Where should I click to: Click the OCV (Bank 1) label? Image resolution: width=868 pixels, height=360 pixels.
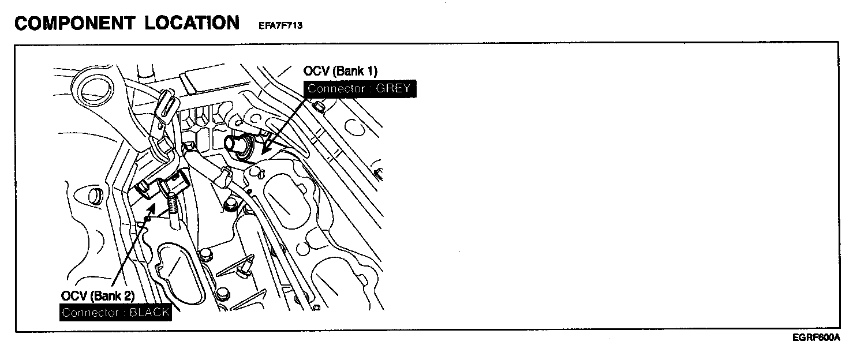pyautogui.click(x=340, y=72)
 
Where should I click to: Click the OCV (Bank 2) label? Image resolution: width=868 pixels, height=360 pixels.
pyautogui.click(x=98, y=296)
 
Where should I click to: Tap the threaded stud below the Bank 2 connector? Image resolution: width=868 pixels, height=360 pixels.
pyautogui.click(x=174, y=205)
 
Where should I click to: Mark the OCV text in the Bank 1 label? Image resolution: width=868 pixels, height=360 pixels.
pyautogui.click(x=315, y=72)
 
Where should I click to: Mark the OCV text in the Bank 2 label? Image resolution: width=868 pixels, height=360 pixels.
pyautogui.click(x=73, y=296)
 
